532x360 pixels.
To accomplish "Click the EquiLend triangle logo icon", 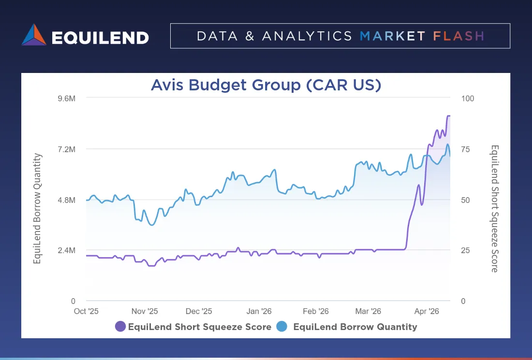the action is pos(34,35).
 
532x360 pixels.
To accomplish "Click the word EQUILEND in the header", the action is pos(100,37).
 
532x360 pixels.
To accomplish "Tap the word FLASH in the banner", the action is pos(458,36).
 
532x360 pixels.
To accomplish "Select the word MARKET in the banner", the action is pos(393,36).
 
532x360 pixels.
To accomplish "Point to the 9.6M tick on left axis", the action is pos(67,98).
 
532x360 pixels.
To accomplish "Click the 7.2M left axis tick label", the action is pos(67,149).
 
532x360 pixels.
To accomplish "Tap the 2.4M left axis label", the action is pos(67,250).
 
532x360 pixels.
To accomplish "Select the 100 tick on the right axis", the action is pos(468,98).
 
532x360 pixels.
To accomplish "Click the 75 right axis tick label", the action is pos(465,149).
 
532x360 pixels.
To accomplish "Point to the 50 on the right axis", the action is pos(465,200).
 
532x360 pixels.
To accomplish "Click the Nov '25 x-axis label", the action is pos(145,311).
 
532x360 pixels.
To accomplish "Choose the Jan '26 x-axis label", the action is pos(259,311).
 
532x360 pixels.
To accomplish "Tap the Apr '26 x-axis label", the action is pos(427,311).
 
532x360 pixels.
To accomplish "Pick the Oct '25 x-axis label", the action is pos(86,311).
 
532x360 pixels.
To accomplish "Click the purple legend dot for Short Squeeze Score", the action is pos(120,327).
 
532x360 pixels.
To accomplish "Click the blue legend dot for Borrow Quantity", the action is pos(281,327).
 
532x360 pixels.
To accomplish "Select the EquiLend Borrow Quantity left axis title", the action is pos(37,208).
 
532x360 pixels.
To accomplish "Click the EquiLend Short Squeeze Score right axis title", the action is pos(495,208).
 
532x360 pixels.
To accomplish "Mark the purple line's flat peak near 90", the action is pos(448,116).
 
